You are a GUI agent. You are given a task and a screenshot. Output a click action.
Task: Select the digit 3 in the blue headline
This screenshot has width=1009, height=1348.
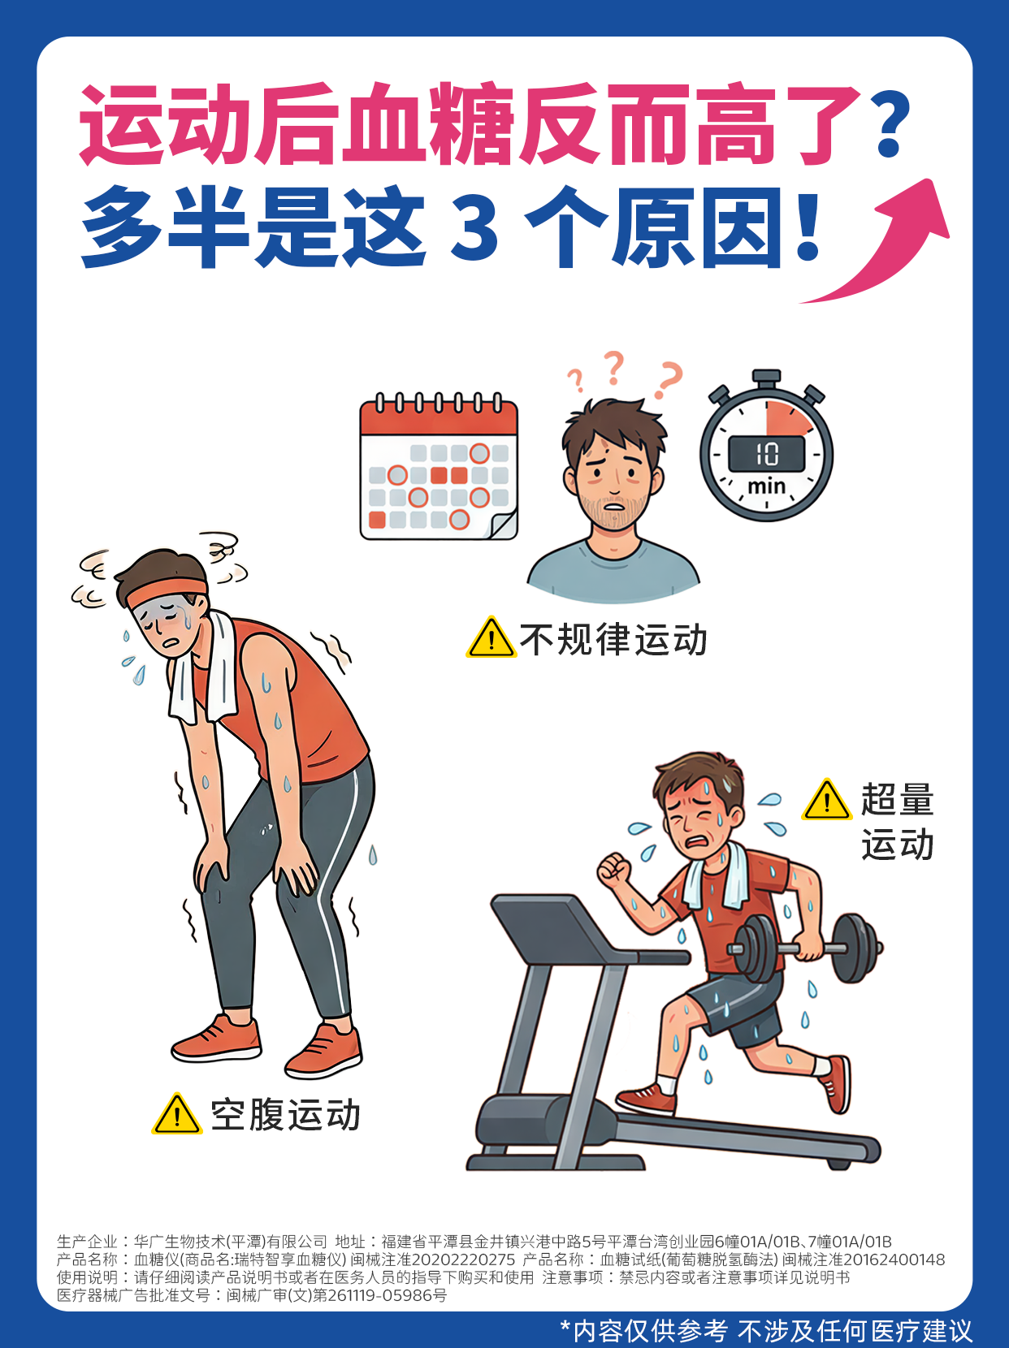(474, 228)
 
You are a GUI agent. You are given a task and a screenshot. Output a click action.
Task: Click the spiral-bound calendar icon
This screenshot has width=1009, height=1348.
(439, 467)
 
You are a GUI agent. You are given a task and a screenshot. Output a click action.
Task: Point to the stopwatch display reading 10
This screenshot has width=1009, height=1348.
(766, 454)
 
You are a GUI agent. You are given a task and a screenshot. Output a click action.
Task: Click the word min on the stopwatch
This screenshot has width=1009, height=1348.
(766, 486)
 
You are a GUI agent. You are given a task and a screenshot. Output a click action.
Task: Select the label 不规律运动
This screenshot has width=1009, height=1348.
(613, 639)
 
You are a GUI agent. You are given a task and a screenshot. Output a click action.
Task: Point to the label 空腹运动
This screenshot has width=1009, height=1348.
(285, 1115)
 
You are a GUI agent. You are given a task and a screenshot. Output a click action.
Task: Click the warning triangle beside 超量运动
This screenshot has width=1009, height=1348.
(826, 800)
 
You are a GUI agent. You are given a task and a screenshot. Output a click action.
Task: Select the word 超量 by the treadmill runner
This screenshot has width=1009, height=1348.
(897, 800)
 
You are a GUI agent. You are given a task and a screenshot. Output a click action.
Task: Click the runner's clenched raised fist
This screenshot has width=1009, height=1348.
(614, 869)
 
